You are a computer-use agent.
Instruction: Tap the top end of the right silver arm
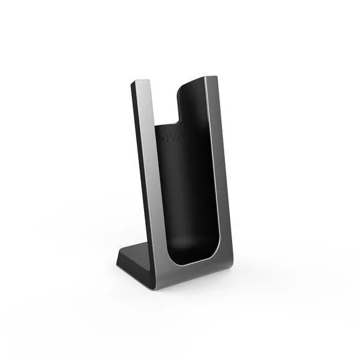pos(211,79)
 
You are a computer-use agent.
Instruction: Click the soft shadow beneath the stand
pos(180,291)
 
